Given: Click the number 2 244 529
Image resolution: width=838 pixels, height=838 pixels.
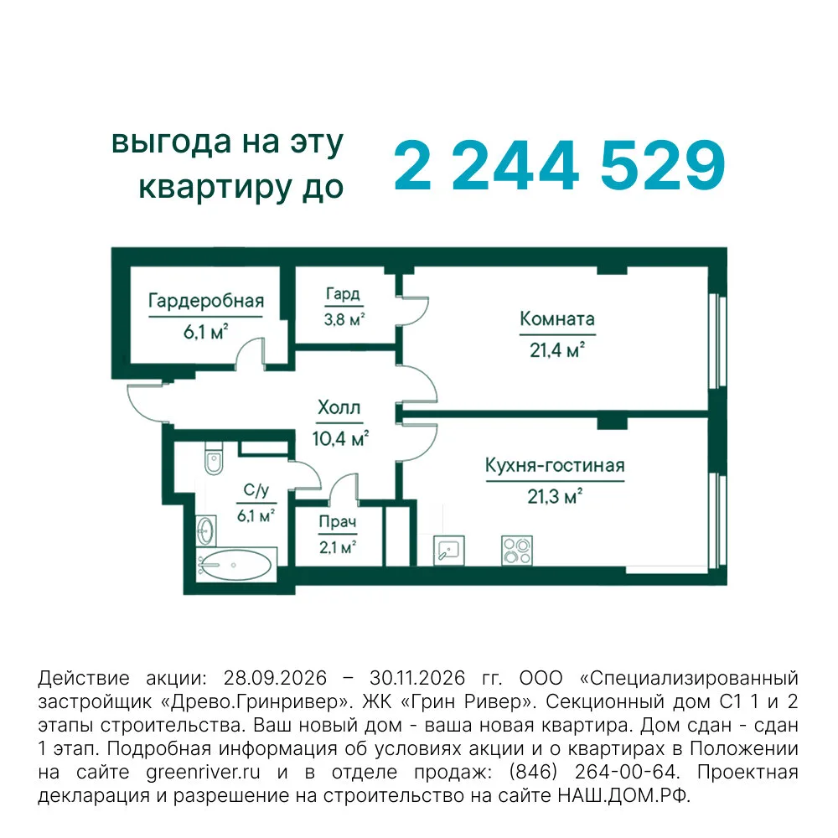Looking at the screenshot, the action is point(559,165).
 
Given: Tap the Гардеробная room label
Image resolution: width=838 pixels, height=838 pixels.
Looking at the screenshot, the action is point(206,301).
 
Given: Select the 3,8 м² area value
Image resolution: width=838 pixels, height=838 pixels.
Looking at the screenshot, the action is point(344,319).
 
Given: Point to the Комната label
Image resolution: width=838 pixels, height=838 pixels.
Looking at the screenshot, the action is point(557,319).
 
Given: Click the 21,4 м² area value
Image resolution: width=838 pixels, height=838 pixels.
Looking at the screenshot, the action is point(557,350).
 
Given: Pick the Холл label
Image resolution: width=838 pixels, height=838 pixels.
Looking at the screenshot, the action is point(339,407).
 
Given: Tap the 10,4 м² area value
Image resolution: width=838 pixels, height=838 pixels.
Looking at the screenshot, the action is point(340,439).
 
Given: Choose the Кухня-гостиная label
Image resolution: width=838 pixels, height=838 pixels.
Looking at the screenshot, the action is point(555,465).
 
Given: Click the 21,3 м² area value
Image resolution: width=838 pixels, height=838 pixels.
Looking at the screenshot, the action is point(555,496).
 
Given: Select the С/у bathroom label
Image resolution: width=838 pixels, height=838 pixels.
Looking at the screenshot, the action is point(256,490).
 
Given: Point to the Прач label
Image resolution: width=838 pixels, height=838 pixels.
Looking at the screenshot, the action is point(337,521).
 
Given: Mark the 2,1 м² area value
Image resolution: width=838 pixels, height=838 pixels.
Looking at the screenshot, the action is point(338,547).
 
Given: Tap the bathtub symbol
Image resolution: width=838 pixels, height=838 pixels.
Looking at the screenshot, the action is point(236,565).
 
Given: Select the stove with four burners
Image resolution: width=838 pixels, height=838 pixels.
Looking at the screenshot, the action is point(517,551).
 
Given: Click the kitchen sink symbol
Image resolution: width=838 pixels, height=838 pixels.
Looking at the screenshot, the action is point(449,550).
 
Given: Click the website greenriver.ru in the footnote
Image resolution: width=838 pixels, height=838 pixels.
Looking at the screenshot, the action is point(203,773).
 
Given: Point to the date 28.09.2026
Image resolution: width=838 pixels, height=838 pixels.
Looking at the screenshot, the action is point(275,678).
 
